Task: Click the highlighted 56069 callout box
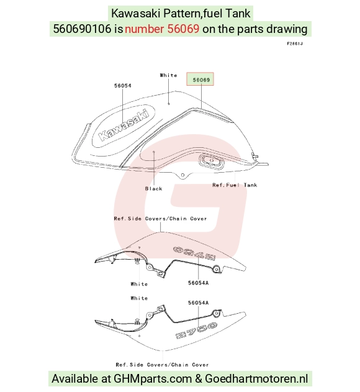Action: click(200, 79)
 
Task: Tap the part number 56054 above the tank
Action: click(123, 86)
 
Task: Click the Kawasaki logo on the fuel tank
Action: click(124, 125)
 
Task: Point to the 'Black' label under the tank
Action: click(154, 189)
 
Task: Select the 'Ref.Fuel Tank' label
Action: click(235, 185)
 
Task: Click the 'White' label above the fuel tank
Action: click(169, 75)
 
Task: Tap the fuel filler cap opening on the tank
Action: click(212, 161)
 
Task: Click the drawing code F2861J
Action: click(295, 43)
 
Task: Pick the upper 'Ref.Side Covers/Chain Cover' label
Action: click(160, 219)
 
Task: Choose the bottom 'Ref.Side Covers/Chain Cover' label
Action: click(162, 365)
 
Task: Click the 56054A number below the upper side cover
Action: click(199, 283)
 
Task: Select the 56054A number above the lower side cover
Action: click(199, 303)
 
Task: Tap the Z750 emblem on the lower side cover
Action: click(196, 330)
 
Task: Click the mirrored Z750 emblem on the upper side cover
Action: click(194, 253)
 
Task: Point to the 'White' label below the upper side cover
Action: click(139, 285)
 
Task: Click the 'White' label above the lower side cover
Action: click(139, 298)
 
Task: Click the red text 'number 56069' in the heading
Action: click(162, 29)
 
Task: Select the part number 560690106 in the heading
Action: click(82, 29)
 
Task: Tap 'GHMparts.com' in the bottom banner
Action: click(153, 379)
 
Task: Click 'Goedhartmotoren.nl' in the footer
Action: click(256, 379)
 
